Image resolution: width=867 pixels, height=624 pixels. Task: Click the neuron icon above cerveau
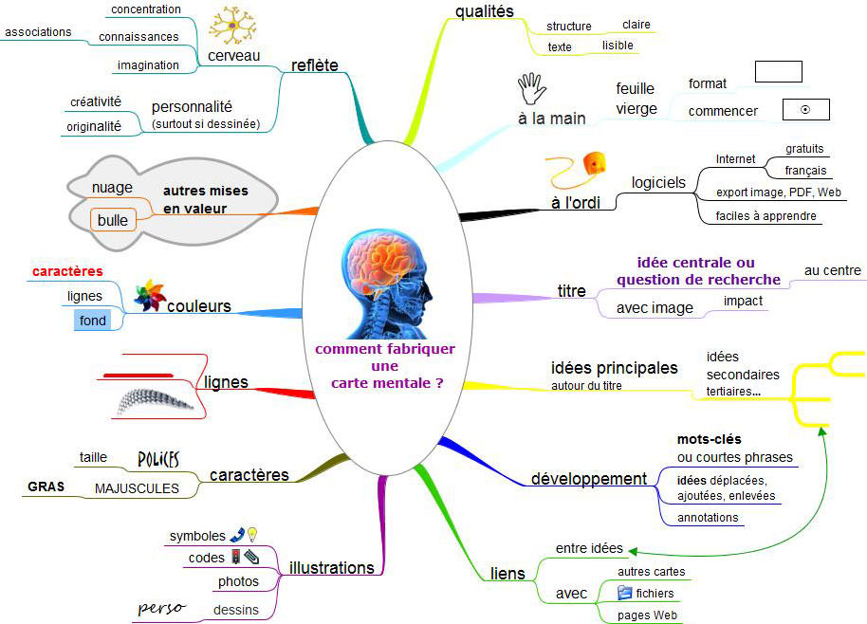tap(232, 26)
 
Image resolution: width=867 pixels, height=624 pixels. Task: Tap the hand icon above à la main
tap(531, 88)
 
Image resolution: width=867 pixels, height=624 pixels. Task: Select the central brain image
tap(386, 284)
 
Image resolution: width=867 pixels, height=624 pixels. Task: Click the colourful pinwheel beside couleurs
tap(150, 296)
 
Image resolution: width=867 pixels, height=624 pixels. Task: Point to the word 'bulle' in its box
tap(113, 220)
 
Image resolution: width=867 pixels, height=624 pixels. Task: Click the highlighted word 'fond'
tap(92, 321)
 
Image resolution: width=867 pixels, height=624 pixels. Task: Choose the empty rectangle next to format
tap(779, 72)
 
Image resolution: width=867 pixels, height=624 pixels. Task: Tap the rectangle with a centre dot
tap(806, 109)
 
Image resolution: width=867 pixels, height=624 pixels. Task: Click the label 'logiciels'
tap(658, 183)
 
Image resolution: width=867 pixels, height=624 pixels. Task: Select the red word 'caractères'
tap(67, 271)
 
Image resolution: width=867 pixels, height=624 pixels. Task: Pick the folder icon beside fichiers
tap(624, 593)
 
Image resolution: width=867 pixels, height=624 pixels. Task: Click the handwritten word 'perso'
tap(161, 609)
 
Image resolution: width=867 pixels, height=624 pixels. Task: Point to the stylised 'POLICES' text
tap(158, 459)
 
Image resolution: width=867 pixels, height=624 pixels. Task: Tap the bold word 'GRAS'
tap(46, 486)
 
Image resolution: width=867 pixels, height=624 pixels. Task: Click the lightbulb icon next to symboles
tap(252, 535)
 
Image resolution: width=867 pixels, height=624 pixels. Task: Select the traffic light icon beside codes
tap(235, 557)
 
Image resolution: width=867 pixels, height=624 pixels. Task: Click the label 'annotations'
tap(708, 518)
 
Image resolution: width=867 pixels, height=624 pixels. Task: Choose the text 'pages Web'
tap(647, 615)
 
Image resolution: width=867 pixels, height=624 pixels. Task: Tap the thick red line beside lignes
tap(138, 376)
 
